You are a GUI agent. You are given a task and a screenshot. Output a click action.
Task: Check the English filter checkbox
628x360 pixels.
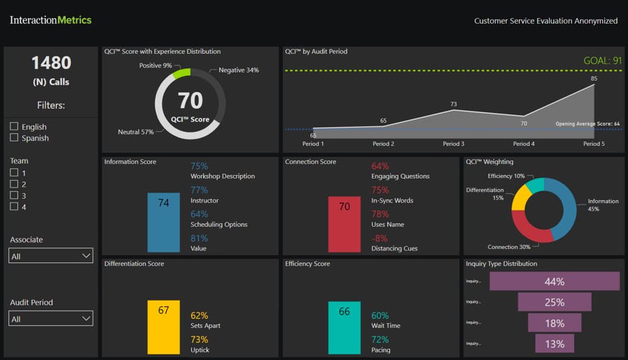(x=15, y=126)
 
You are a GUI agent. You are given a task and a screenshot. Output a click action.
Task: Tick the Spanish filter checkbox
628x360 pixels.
(x=15, y=137)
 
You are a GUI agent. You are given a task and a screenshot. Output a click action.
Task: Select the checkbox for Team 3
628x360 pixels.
(x=15, y=195)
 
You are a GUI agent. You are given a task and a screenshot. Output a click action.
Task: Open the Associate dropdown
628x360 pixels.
(x=51, y=256)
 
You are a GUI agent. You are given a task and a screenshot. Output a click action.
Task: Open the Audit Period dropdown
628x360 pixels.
(x=51, y=319)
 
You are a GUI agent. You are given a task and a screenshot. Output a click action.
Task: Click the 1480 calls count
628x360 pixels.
(x=51, y=63)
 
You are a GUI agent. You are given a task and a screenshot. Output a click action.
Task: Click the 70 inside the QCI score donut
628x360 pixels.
(x=190, y=101)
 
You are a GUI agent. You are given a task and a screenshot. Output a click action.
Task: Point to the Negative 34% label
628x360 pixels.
(x=239, y=70)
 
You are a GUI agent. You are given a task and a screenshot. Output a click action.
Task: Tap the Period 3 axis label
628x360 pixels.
(x=454, y=144)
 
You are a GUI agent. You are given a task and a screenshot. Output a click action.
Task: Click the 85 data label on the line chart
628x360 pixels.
(x=594, y=78)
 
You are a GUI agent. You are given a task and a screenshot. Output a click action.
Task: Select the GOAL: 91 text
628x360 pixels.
(x=602, y=61)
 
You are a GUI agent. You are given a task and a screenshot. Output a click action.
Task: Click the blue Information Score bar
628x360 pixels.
(x=163, y=223)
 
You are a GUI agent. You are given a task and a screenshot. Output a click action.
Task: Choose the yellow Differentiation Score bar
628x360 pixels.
(x=163, y=327)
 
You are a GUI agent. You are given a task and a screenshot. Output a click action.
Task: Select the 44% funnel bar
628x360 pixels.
(x=555, y=282)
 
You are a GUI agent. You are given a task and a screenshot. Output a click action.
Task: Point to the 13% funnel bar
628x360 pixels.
(x=555, y=343)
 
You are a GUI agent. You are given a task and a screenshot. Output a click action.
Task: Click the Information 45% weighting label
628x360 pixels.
(x=603, y=205)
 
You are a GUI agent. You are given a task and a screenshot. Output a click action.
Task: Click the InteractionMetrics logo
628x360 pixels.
(x=51, y=20)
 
